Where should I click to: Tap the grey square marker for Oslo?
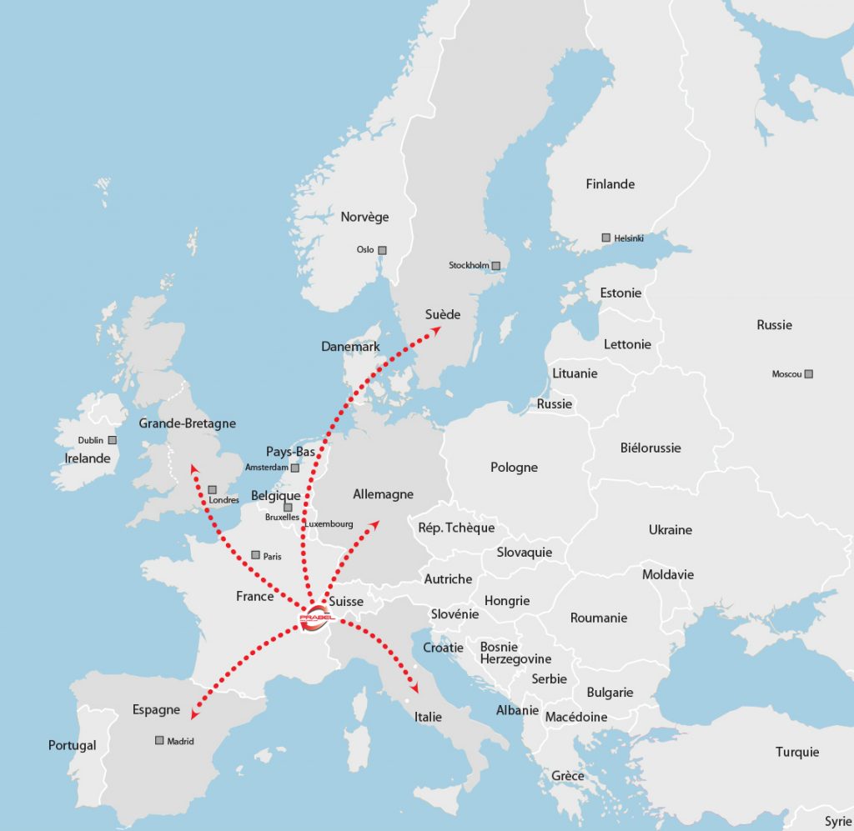coord(383,250)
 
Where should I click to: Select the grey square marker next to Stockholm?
coord(496,266)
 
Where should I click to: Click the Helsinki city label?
coord(629,238)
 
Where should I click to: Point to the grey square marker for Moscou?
coord(808,374)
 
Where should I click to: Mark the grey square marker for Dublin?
coord(113,440)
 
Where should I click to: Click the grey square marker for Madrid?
coord(159,740)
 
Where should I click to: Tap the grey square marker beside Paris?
coord(255,555)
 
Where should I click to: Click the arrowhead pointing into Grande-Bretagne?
coord(194,468)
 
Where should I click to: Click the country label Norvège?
coord(364,217)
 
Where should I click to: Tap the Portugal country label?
coord(73,745)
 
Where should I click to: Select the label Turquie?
coord(797,752)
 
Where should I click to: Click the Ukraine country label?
coord(671,530)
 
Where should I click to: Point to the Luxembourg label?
coord(329,524)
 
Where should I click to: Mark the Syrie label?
coord(837,822)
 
